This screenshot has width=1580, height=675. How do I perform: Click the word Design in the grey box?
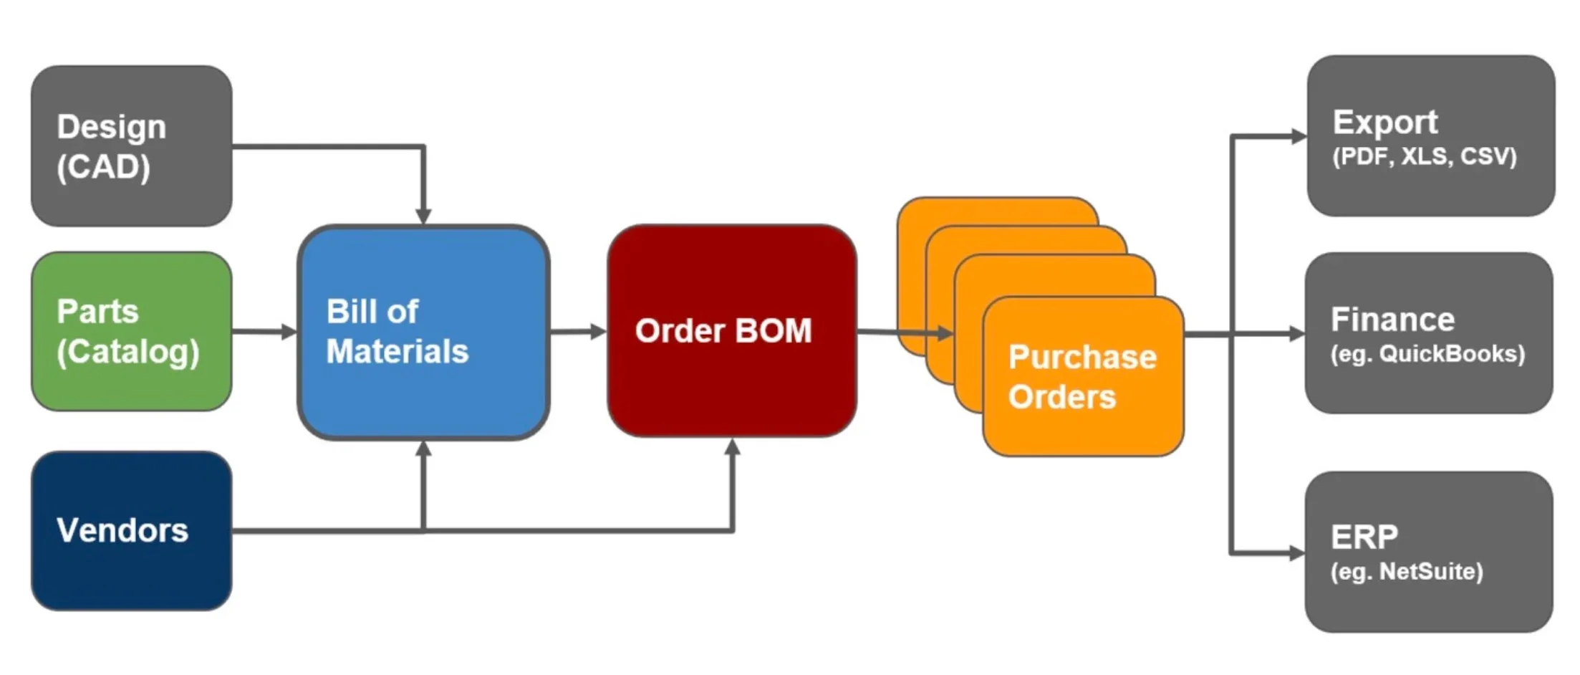pos(111,127)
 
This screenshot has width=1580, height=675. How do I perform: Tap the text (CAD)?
pos(103,167)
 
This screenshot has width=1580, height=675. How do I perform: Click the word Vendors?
pos(122,530)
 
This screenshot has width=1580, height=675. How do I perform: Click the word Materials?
pos(397,352)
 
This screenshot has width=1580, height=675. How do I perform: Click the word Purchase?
pos(1082,357)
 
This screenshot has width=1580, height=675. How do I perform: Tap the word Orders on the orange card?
pos(1061,396)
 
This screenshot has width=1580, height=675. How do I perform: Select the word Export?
pos(1384,123)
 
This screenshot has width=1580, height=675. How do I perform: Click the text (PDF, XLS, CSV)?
pos(1424,156)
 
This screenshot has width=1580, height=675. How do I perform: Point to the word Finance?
pos(1392,319)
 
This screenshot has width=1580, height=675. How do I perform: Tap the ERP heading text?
pos(1364,536)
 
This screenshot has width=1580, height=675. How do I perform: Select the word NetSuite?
pos(1430,571)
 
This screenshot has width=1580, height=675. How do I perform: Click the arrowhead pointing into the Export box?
pos(1298,135)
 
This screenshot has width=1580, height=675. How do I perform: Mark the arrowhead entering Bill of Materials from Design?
pos(423,216)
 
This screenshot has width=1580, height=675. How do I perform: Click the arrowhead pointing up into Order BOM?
pos(732,448)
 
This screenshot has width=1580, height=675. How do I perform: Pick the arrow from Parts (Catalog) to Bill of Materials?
pos(264,331)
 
